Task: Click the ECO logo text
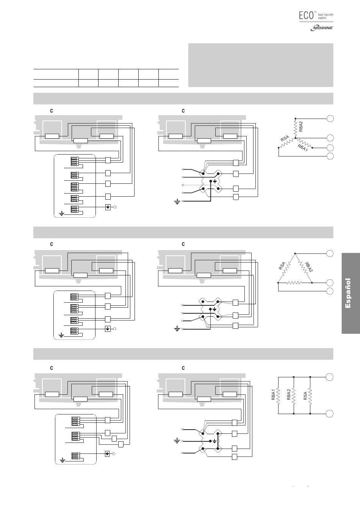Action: click(x=306, y=15)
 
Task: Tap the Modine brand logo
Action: click(x=322, y=28)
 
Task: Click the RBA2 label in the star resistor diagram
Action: click(x=301, y=126)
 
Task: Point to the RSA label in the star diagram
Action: click(x=285, y=138)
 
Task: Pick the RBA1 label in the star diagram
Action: click(x=302, y=148)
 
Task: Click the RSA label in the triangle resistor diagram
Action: click(x=282, y=266)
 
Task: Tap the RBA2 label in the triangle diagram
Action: click(x=309, y=267)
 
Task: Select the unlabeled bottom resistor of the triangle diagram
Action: click(x=294, y=283)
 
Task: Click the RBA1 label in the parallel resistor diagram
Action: click(x=273, y=394)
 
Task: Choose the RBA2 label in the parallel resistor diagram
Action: click(x=289, y=394)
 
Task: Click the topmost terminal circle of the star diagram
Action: click(x=330, y=118)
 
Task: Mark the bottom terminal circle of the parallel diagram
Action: click(x=330, y=414)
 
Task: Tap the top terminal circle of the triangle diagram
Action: click(x=330, y=253)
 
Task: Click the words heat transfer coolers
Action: click(x=326, y=16)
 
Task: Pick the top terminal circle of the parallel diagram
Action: click(x=330, y=377)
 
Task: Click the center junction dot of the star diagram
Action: click(x=296, y=138)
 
